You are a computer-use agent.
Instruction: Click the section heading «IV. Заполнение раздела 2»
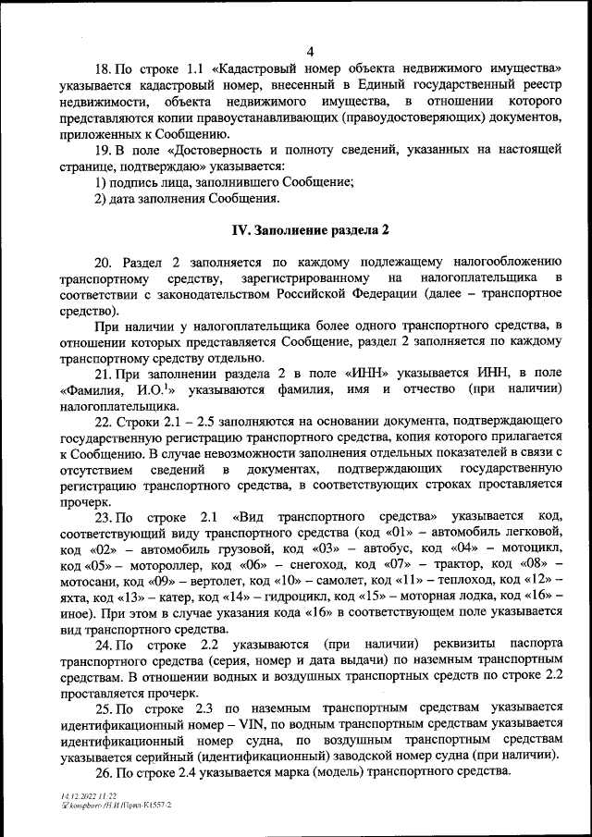coord(310,228)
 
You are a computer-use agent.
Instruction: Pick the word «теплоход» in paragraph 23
coord(460,579)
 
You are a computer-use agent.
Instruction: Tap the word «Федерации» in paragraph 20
coord(371,294)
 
